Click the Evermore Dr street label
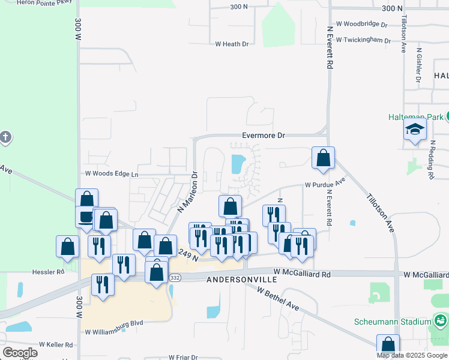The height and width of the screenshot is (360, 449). pos(264,136)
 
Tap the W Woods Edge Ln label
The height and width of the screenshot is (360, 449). pos(111,174)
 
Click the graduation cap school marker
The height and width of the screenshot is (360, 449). pos(415,130)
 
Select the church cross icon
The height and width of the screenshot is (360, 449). pos(4,137)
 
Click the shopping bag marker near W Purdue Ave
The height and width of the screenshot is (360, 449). pos(323,158)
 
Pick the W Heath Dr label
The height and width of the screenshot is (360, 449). pos(232,44)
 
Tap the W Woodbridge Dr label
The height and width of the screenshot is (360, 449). pos(361,24)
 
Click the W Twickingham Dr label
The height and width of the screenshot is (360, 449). pos(363,40)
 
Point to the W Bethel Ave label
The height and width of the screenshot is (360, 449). pos(277,298)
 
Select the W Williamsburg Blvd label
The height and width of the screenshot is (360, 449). pos(114,331)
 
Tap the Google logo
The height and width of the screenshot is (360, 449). pos(20,353)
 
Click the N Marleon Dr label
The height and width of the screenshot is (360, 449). pos(187,193)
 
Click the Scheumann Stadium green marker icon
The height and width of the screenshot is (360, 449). pos(441,321)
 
